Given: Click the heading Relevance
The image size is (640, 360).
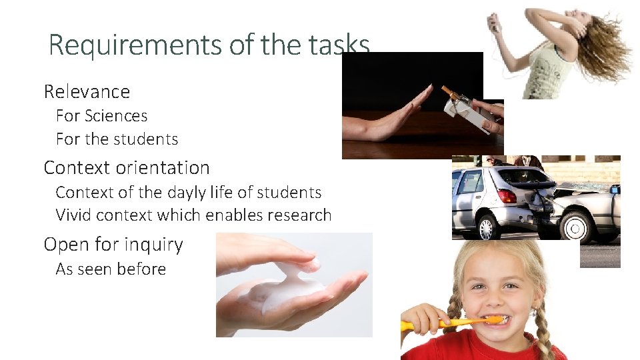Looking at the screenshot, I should pyautogui.click(x=87, y=91).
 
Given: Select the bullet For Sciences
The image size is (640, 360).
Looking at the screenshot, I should pyautogui.click(x=101, y=116).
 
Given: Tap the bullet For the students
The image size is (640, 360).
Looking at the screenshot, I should pyautogui.click(x=117, y=139).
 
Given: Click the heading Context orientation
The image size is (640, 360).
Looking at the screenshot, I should pyautogui.click(x=127, y=167).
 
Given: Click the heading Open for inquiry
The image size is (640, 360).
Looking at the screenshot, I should pyautogui.click(x=113, y=245).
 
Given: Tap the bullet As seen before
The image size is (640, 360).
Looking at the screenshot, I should pyautogui.click(x=111, y=269).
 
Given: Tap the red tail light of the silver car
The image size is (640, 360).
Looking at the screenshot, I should pyautogui.click(x=507, y=196).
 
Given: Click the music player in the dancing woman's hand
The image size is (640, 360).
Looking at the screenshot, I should pyautogui.click(x=495, y=25).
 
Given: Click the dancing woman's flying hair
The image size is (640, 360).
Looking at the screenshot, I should pyautogui.click(x=607, y=50).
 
